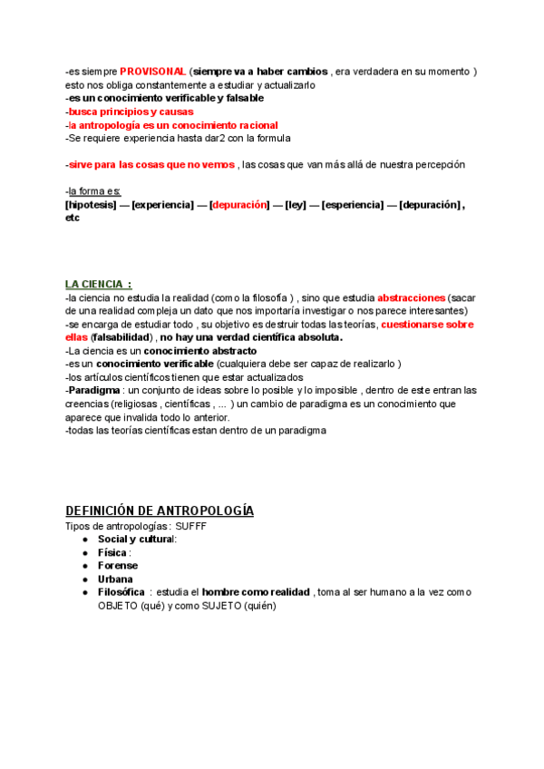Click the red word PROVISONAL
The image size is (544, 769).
pos(152,71)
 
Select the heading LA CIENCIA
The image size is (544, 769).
pos(99,284)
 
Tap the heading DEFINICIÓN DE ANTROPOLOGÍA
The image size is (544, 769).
pos(160,511)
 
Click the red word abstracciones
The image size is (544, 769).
pos(412,297)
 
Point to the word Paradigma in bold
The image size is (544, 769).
pos(94,390)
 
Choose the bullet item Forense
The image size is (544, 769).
pos(118,565)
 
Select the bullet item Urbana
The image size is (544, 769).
pos(115,579)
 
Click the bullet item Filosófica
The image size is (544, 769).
pos(121,592)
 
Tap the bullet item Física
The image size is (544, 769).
pos(113,552)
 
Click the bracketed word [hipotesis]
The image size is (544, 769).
pos(91,205)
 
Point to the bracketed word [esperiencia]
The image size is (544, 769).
pos(355,205)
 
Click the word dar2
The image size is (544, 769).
pos(215,138)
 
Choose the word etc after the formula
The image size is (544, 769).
pos(73,218)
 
